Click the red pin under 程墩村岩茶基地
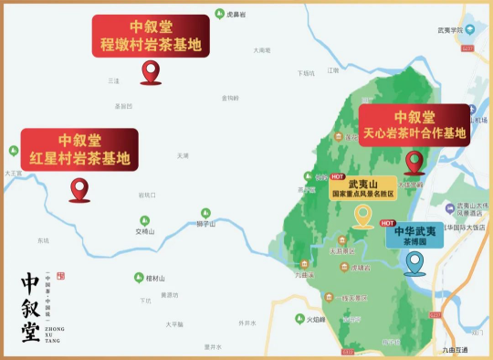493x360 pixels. [151, 72]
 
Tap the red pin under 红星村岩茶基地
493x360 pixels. [79, 189]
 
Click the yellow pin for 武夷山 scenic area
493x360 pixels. [363, 216]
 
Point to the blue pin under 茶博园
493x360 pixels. [415, 263]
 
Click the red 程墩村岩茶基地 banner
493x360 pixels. [151, 36]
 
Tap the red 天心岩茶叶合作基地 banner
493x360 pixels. [414, 125]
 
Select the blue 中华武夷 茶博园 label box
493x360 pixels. [414, 235]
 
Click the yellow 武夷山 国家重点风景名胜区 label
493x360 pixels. [363, 188]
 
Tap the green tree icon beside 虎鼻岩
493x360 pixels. [219, 14]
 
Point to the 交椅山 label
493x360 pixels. [146, 231]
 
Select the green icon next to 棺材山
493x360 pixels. [138, 278]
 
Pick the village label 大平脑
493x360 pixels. [174, 324]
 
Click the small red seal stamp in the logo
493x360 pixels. [61, 275]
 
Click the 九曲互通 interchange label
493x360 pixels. [455, 350]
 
